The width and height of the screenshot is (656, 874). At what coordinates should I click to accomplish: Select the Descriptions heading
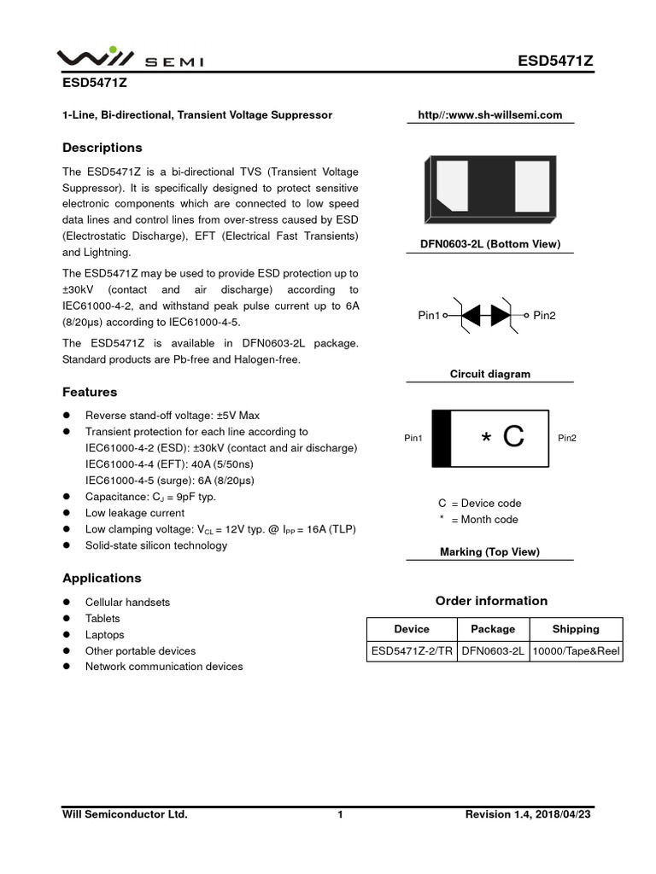pyautogui.click(x=102, y=148)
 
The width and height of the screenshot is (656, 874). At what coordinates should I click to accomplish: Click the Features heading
pyautogui.click(x=90, y=392)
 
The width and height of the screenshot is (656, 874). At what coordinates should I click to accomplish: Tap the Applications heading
pyautogui.click(x=102, y=578)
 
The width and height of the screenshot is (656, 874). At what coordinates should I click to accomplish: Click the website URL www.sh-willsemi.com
pyautogui.click(x=489, y=115)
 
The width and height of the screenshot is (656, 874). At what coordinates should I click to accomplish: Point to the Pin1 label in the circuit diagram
pyautogui.click(x=429, y=316)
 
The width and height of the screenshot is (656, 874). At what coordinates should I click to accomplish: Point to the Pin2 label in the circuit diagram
pyautogui.click(x=545, y=316)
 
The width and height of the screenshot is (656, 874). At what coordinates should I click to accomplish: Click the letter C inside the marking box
pyautogui.click(x=512, y=438)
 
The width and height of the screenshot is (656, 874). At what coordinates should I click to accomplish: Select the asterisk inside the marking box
pyautogui.click(x=486, y=440)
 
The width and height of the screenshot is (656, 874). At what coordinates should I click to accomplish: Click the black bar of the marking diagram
pyautogui.click(x=441, y=438)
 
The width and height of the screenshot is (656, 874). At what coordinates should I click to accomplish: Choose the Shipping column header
pyautogui.click(x=576, y=629)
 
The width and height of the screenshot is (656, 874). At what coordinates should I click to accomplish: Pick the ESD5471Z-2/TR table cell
pyautogui.click(x=412, y=651)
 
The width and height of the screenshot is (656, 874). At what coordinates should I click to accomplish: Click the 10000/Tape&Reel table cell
pyautogui.click(x=576, y=651)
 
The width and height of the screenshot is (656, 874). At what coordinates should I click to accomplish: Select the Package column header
pyautogui.click(x=493, y=629)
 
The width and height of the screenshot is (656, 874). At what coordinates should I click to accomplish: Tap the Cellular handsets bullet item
pyautogui.click(x=127, y=602)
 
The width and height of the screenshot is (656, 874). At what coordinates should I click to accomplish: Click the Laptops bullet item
pyautogui.click(x=104, y=634)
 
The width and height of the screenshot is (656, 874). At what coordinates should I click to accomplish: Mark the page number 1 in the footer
pyautogui.click(x=340, y=815)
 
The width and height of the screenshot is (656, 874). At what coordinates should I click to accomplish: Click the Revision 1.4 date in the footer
pyautogui.click(x=527, y=815)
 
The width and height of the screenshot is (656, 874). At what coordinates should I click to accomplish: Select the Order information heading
pyautogui.click(x=491, y=601)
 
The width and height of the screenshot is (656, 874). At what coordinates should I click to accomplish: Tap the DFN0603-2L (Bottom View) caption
pyautogui.click(x=489, y=244)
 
